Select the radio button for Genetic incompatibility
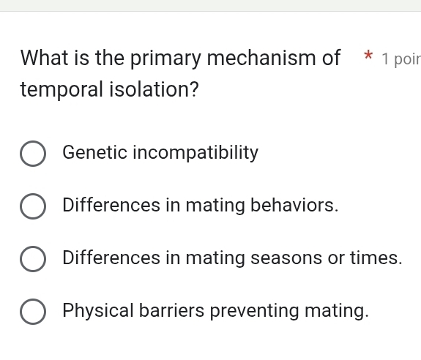click(32, 154)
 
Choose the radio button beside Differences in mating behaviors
click(32, 206)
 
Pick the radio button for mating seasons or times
click(32, 259)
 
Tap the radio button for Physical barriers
click(32, 312)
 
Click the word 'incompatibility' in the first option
click(195, 154)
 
